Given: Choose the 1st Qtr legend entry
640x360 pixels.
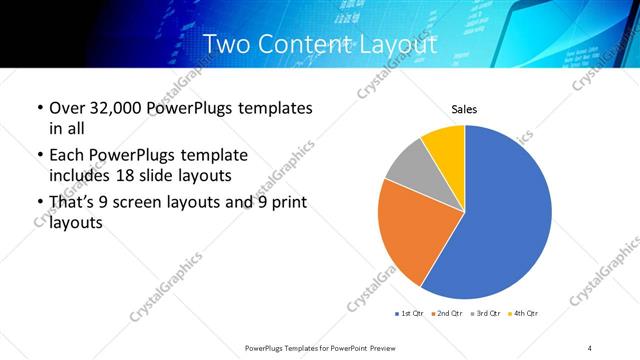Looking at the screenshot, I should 410,314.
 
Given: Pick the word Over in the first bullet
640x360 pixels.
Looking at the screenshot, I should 68,108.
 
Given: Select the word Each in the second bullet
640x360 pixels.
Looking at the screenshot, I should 67,156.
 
